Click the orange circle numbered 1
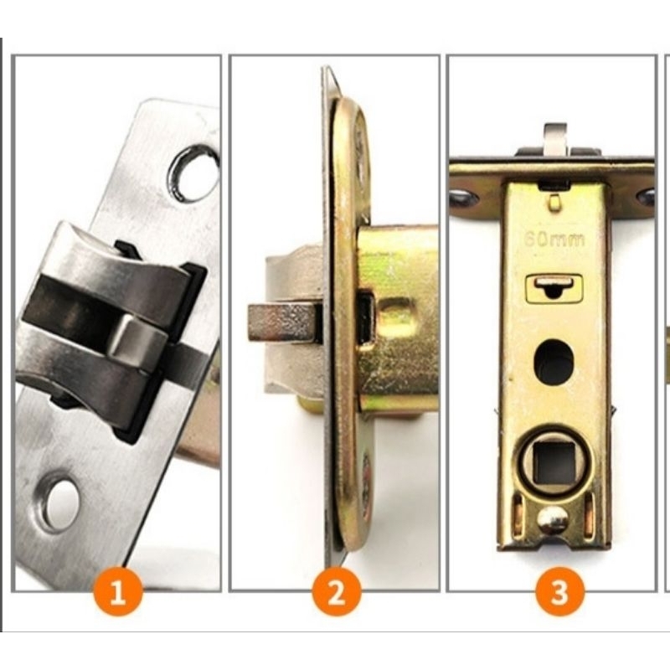[117, 592]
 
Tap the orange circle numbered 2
[337, 592]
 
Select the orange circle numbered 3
[559, 592]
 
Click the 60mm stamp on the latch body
[554, 240]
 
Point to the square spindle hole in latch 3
[555, 462]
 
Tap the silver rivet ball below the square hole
[553, 520]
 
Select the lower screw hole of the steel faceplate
[59, 501]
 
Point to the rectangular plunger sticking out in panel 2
[284, 322]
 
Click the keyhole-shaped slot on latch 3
[554, 287]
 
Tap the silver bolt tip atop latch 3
[555, 139]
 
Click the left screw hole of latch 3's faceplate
[465, 197]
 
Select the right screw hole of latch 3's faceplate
[646, 196]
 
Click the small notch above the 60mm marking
[554, 202]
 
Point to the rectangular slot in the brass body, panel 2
[365, 317]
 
